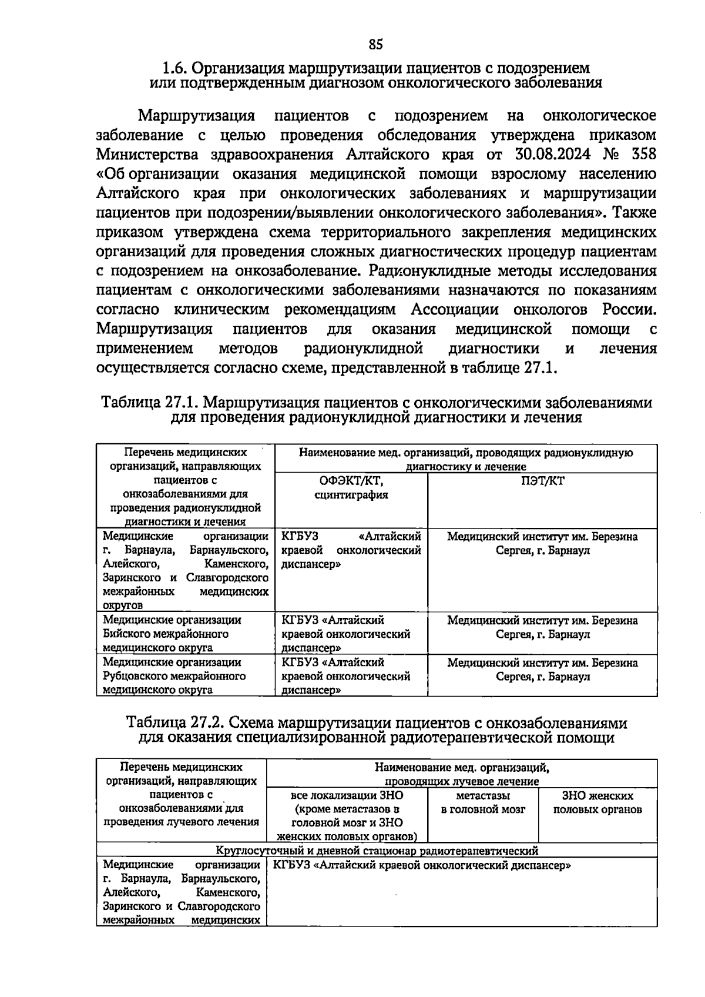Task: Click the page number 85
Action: point(375,45)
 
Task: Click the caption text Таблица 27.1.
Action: point(149,403)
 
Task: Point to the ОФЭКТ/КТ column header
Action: point(351,488)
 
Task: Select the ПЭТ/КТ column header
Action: point(542,481)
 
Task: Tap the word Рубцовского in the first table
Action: point(136,676)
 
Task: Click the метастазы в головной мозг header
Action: point(482,802)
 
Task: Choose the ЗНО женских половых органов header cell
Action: point(597,802)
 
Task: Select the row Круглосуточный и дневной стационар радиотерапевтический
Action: point(376,850)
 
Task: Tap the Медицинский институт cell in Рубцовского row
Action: point(542,670)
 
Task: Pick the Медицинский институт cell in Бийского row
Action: point(542,627)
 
